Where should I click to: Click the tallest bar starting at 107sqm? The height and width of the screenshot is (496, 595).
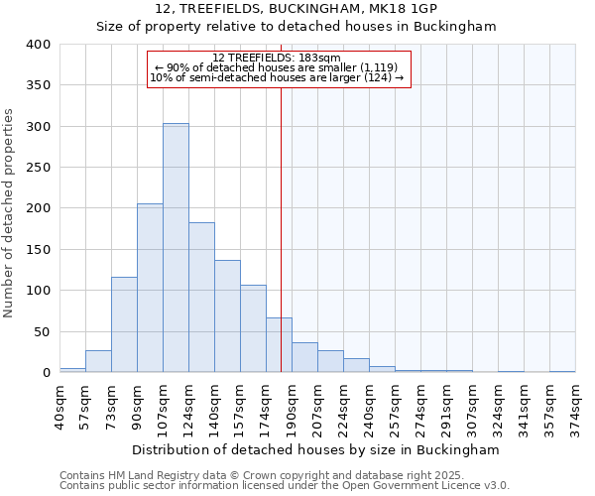(176, 248)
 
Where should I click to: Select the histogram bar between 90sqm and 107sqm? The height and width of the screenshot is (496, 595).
(150, 288)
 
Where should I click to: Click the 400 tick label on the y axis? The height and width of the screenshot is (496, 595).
(39, 45)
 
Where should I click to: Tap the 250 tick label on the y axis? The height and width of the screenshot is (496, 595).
(39, 168)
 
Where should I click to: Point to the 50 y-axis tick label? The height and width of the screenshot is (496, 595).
(43, 331)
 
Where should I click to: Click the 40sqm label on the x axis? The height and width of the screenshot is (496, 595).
(60, 406)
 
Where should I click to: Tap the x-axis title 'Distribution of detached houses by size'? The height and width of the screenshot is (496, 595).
(297, 449)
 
